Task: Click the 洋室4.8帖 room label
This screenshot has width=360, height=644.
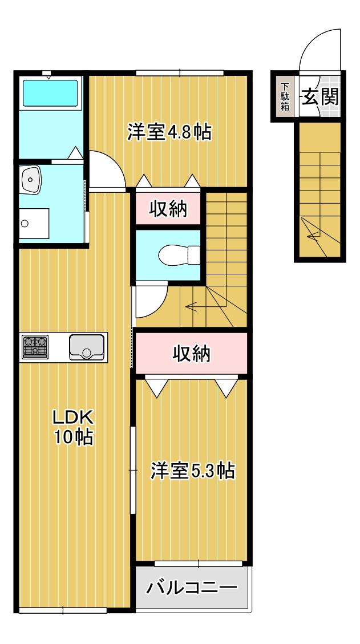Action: click(x=169, y=133)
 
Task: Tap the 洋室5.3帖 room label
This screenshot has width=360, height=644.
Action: click(x=192, y=471)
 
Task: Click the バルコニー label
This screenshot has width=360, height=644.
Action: click(x=191, y=588)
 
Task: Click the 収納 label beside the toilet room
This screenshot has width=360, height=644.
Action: click(x=168, y=209)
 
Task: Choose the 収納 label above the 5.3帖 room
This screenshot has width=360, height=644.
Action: click(x=192, y=354)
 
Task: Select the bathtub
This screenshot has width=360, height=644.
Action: click(x=50, y=93)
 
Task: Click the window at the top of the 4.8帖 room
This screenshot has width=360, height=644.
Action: click(x=179, y=72)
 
